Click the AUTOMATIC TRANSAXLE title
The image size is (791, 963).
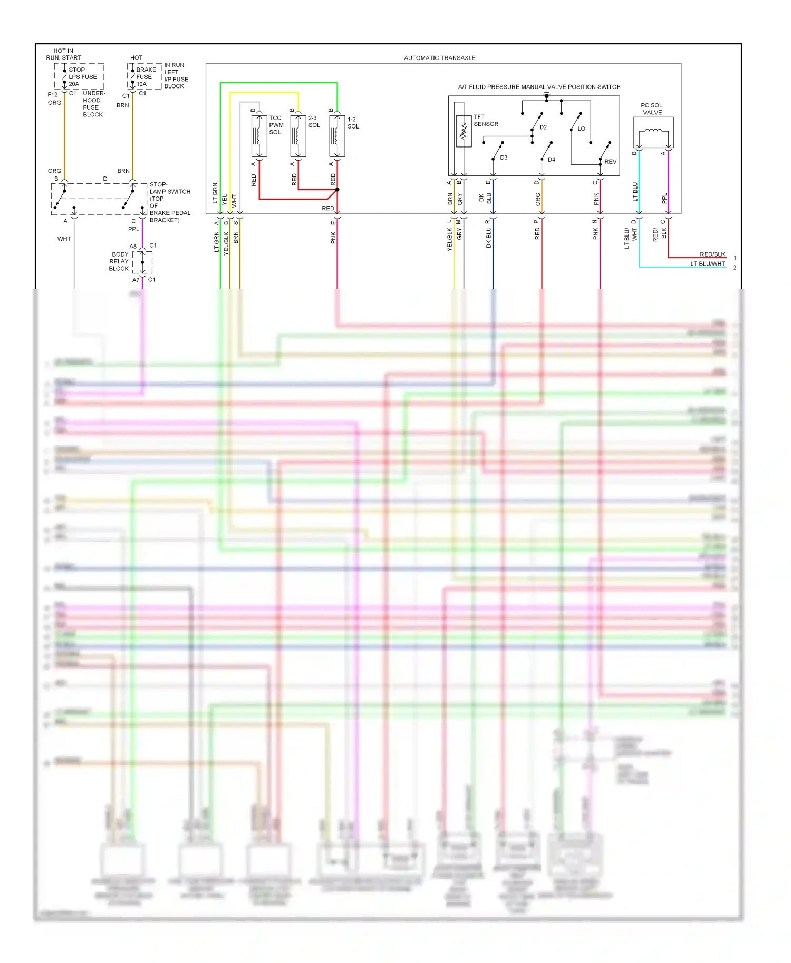(x=439, y=58)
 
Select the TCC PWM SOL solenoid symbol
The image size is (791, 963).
(x=259, y=136)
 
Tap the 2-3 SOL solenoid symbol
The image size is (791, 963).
(x=298, y=136)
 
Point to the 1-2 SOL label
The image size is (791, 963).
(x=353, y=123)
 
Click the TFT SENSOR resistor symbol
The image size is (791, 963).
(x=464, y=131)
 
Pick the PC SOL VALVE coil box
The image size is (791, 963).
(x=653, y=132)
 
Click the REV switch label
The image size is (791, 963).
(x=610, y=162)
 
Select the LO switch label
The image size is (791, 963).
(x=581, y=129)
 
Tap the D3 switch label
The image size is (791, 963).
(x=504, y=158)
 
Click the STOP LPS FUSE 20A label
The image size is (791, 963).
(x=82, y=77)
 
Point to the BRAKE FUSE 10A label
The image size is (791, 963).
(x=146, y=77)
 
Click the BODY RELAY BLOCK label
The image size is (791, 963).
(x=119, y=261)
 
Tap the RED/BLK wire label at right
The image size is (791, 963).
(x=712, y=254)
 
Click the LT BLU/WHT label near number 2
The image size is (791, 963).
(x=708, y=264)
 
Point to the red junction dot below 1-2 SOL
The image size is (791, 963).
(x=337, y=190)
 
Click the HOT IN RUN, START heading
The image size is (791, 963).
(x=63, y=54)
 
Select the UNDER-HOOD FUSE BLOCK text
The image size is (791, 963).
(x=94, y=104)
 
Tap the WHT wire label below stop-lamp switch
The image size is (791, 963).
(x=64, y=239)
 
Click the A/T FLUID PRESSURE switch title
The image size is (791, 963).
(x=538, y=87)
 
